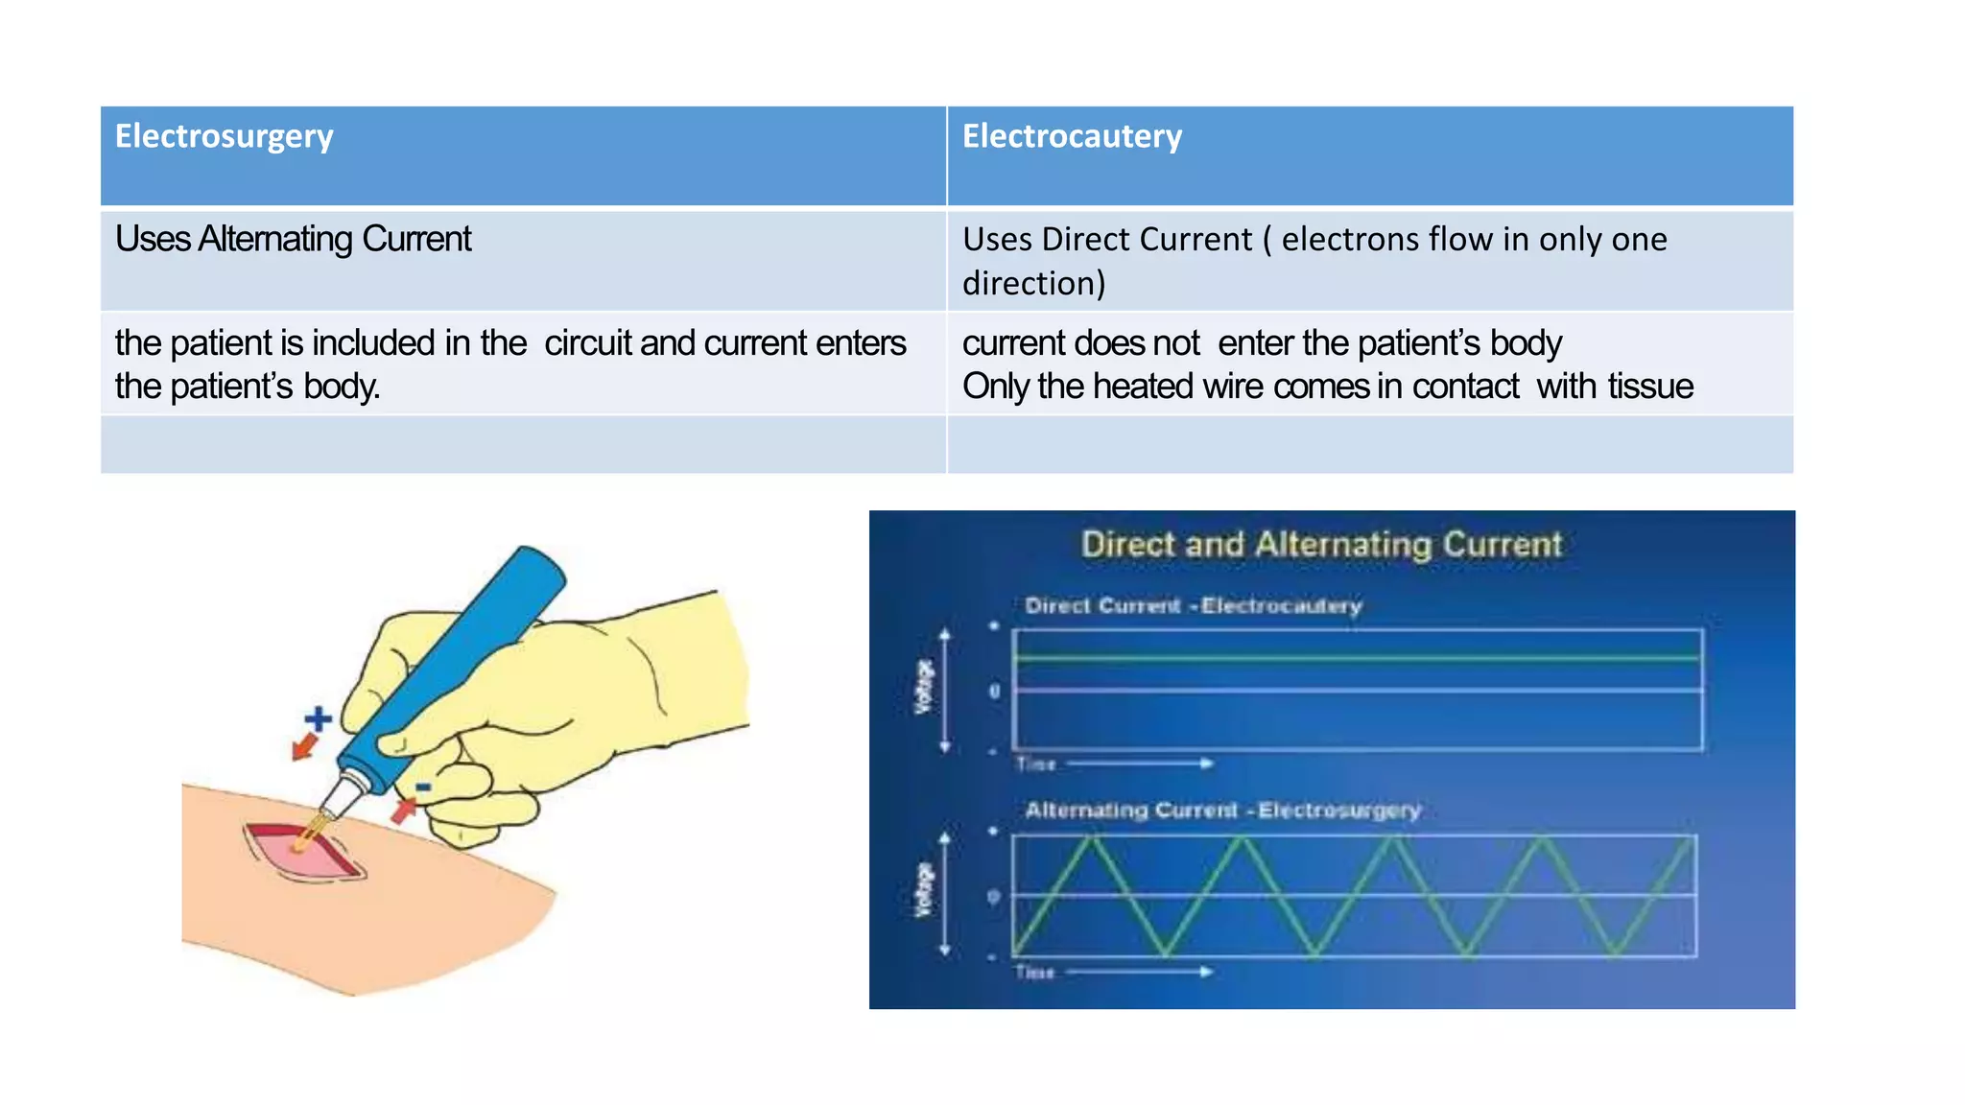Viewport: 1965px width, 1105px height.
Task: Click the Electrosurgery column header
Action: tap(224, 137)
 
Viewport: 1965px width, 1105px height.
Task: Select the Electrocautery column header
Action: tap(1072, 137)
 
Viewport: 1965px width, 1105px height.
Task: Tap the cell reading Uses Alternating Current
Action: tap(293, 240)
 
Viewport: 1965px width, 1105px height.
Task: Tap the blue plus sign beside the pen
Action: tap(319, 718)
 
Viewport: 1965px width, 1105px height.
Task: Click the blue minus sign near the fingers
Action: tap(423, 788)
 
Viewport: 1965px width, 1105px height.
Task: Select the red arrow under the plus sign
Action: tap(304, 746)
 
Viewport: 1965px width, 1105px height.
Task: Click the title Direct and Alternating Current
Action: tap(1321, 545)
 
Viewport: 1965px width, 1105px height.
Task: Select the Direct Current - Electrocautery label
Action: tap(1193, 606)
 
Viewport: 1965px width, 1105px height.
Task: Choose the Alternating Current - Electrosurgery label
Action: tap(1222, 811)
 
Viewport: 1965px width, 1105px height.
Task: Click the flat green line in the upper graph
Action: tap(1358, 658)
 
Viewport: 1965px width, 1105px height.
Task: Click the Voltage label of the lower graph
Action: tap(923, 890)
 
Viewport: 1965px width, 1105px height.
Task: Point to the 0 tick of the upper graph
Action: tap(994, 691)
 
